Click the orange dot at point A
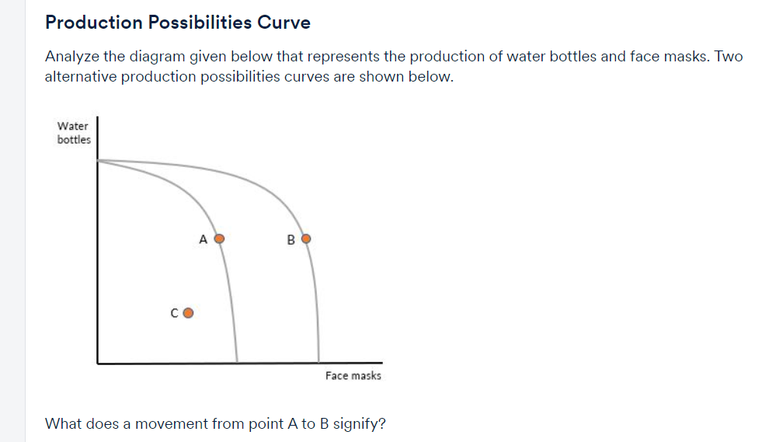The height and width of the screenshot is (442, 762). click(220, 238)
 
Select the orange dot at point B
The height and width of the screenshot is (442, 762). click(306, 238)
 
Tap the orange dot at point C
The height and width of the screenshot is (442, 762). click(188, 312)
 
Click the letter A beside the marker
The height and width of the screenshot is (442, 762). click(204, 239)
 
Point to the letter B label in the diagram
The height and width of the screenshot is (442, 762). click(291, 240)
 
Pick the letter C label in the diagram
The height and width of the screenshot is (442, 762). click(175, 313)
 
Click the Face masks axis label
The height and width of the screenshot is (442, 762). click(353, 375)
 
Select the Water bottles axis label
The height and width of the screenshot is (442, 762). click(74, 133)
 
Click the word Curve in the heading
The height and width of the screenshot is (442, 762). click(284, 23)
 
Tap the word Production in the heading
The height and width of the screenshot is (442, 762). click(94, 23)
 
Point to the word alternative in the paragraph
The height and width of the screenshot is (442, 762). click(81, 77)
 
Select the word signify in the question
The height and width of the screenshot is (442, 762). click(359, 424)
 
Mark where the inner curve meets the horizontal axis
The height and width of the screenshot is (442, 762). click(237, 362)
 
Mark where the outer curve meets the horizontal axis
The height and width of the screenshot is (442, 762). click(318, 362)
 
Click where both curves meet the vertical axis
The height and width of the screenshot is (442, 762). click(98, 160)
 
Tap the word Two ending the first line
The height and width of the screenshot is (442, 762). click(729, 57)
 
